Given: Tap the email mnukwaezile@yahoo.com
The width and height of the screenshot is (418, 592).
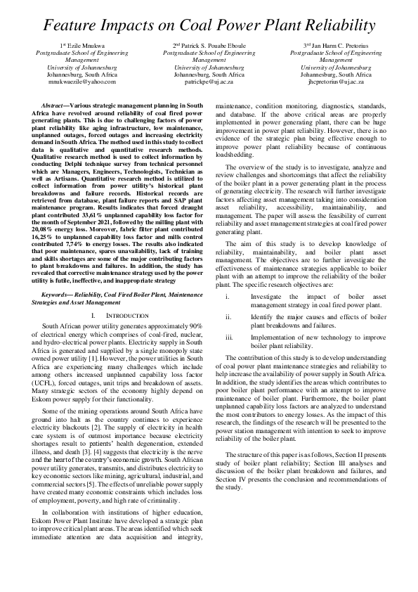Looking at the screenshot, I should point(83,81).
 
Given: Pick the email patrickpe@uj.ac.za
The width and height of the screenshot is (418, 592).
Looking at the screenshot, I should point(209,81).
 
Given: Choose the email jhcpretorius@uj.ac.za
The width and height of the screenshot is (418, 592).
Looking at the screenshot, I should point(336,81).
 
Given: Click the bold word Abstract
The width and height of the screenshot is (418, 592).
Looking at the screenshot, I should point(56,104).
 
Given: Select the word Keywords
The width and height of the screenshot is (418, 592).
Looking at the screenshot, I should point(58,295).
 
